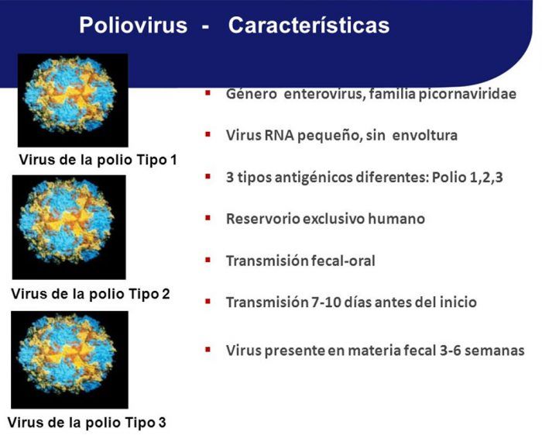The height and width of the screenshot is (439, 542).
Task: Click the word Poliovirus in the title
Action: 133,26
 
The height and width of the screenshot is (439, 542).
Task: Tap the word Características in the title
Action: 309,26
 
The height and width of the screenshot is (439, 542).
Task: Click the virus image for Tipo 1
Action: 73,100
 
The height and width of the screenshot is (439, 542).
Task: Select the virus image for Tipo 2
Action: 69,227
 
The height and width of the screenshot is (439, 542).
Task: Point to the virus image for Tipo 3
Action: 70,360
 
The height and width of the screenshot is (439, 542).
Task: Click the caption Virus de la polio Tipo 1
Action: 98,160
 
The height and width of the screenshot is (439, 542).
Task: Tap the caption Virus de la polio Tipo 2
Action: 91,294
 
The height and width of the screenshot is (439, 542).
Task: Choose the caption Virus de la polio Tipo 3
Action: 87,423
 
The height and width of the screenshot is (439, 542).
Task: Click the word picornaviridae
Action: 468,94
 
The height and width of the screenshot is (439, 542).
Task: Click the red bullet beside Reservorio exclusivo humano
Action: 208,218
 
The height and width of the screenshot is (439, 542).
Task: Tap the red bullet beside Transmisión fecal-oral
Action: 208,260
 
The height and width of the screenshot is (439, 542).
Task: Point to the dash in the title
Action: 205,27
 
